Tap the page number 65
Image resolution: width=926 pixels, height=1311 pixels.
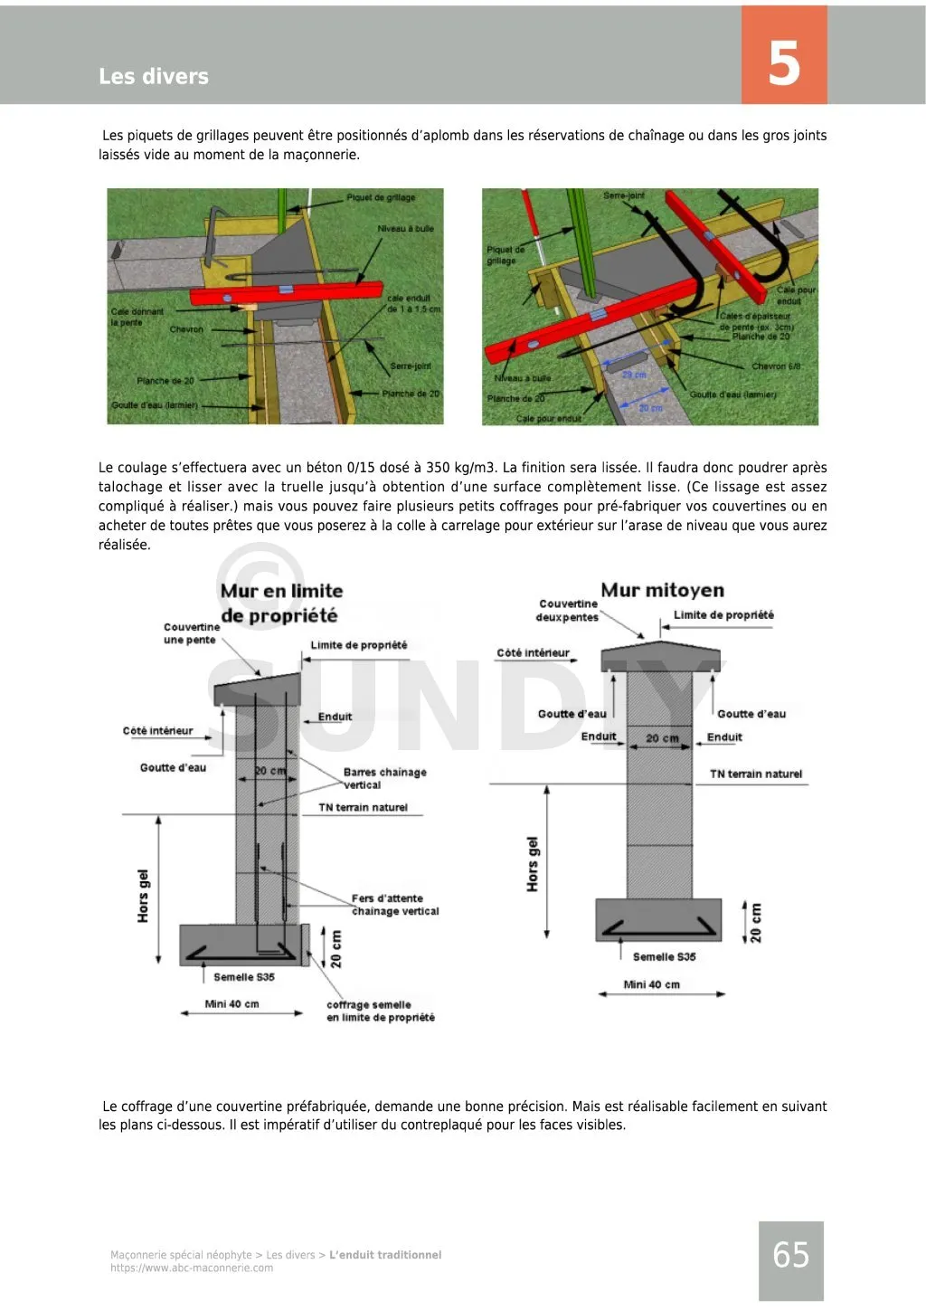[790, 1255]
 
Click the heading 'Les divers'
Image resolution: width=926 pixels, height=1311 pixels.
[154, 77]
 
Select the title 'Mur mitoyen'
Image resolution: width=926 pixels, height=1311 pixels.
[662, 590]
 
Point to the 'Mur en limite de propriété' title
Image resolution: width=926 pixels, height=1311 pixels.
[280, 603]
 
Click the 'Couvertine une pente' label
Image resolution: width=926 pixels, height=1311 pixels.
[191, 633]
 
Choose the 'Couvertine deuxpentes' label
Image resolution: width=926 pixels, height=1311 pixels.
[567, 611]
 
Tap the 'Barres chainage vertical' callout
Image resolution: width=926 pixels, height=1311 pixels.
[384, 778]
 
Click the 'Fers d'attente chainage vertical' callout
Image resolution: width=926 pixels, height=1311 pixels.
[394, 905]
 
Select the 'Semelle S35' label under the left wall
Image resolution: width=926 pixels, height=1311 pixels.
[244, 977]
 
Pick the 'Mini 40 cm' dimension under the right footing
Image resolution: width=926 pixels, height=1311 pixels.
[651, 984]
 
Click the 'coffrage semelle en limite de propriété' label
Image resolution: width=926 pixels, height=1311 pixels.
[380, 1011]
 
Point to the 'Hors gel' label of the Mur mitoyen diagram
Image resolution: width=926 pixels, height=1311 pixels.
[533, 864]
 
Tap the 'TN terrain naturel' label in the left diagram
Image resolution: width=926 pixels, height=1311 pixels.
[363, 807]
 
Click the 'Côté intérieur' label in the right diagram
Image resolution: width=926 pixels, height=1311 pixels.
[533, 652]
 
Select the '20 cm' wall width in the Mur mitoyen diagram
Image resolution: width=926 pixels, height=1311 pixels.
[662, 738]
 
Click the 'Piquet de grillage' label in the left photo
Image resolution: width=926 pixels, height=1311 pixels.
[381, 197]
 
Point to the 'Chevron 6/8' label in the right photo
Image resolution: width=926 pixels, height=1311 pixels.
[776, 366]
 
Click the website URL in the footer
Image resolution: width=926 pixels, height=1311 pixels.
[192, 1268]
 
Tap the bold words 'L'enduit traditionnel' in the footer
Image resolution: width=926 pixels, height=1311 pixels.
[385, 1255]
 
